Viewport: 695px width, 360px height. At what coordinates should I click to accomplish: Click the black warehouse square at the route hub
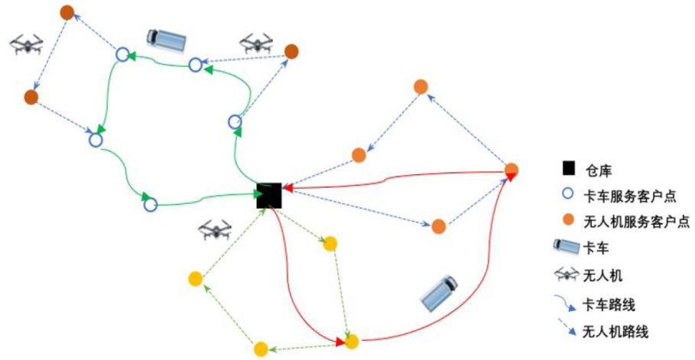coord(268,195)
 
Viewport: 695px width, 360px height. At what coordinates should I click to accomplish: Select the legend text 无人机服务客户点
coord(636,222)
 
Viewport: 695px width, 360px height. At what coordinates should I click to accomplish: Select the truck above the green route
coord(165,39)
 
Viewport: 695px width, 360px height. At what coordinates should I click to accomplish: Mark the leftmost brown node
coord(31,97)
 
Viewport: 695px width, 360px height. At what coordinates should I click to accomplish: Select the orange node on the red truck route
coord(512,170)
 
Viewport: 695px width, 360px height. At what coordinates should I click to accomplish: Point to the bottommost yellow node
coord(261,349)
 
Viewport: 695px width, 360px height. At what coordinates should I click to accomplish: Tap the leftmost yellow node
coord(195,278)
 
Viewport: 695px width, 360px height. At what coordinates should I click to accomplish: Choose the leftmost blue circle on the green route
coord(96,141)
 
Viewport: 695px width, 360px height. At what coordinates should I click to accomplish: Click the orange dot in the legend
coord(568,222)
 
